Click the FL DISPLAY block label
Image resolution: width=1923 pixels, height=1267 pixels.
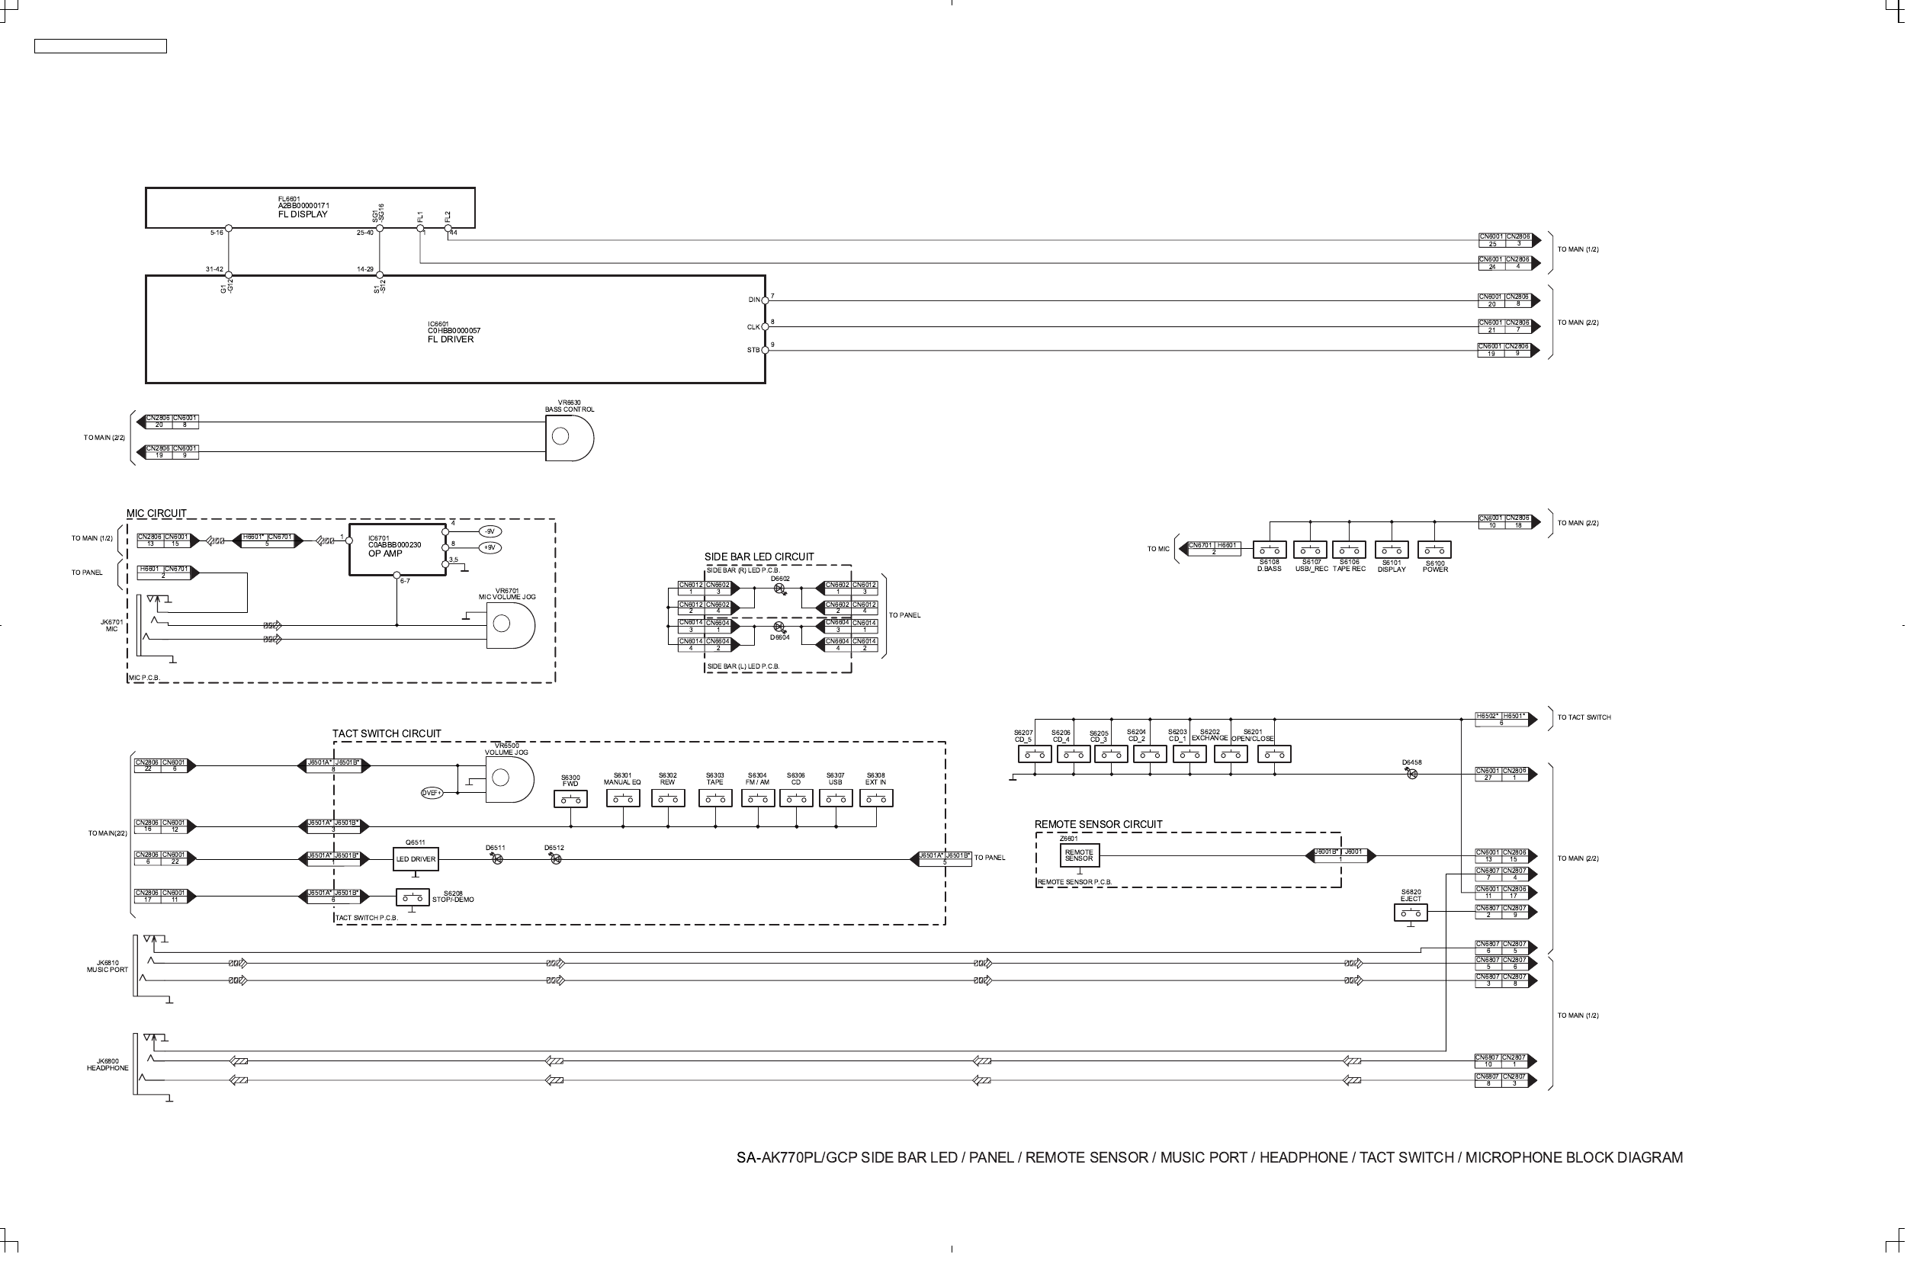tap(303, 215)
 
